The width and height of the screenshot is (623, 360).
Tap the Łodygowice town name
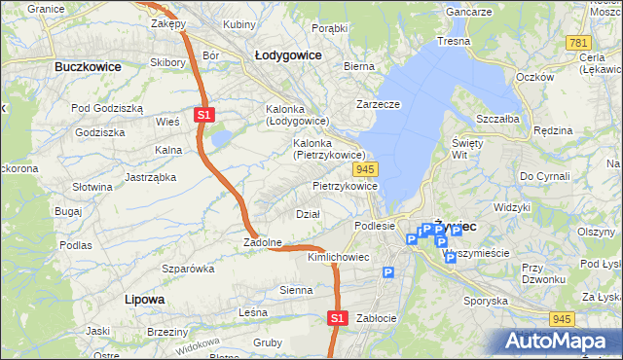point(288,55)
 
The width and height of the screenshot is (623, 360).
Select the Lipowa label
point(144,299)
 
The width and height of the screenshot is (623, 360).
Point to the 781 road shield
point(579,43)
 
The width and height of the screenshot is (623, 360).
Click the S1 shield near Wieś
point(203,115)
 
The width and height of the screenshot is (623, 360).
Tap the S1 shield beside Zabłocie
point(336,317)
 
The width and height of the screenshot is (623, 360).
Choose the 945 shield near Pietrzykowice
point(379,169)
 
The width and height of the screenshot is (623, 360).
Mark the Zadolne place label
point(263,242)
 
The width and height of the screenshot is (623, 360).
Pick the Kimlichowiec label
point(338,257)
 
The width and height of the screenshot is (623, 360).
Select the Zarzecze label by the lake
point(379,103)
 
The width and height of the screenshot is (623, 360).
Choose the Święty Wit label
point(467,148)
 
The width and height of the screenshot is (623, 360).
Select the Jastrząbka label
point(150,177)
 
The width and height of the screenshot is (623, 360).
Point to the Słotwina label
point(93,186)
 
